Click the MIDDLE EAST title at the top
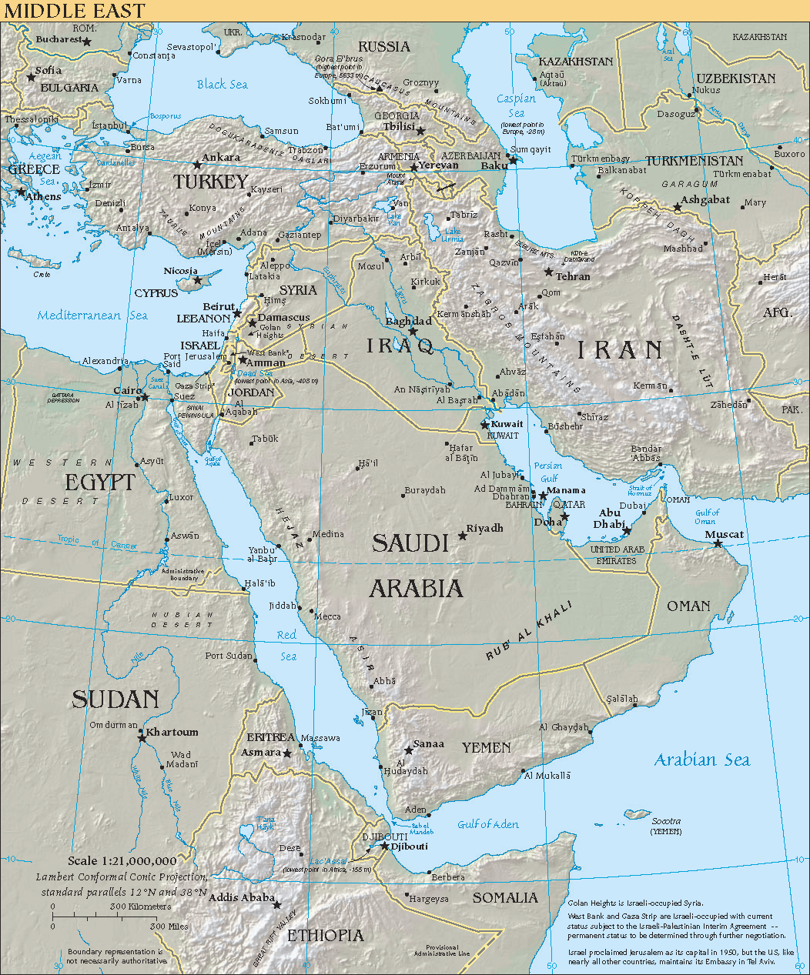[73, 10]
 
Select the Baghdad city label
[409, 321]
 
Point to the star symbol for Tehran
[549, 272]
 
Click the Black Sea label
[222, 85]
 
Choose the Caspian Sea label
[515, 105]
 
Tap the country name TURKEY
[210, 182]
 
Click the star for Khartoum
[142, 736]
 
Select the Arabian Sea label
[701, 760]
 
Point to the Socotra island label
[666, 821]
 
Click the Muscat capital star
[718, 544]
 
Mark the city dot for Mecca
[314, 613]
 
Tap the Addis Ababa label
[242, 897]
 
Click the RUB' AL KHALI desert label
[529, 631]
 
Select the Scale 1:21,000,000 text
[122, 860]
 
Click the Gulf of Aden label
[488, 824]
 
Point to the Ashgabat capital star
[678, 208]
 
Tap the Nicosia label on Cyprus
[181, 271]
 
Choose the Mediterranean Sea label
[92, 315]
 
